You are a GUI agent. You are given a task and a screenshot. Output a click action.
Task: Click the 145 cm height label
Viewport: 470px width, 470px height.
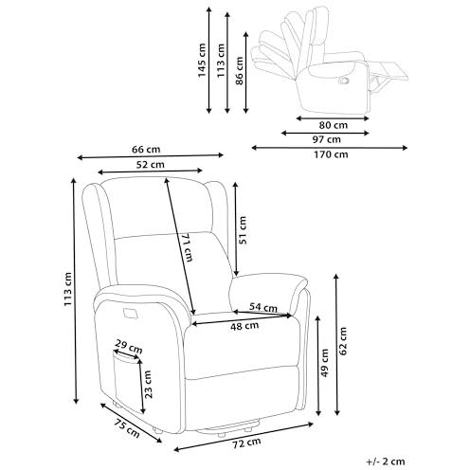[202, 61]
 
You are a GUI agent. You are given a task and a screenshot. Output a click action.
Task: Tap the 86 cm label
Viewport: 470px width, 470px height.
[239, 71]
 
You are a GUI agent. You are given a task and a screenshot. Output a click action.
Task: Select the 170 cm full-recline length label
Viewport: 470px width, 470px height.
[331, 154]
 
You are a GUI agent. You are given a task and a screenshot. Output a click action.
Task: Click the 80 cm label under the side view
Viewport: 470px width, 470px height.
[333, 125]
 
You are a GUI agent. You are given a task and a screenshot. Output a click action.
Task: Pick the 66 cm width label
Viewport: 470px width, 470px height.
[146, 149]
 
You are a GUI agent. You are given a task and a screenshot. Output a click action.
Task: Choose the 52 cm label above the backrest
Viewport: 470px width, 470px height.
[151, 164]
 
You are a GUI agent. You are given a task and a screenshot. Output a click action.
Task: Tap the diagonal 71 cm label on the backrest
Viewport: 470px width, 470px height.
[187, 248]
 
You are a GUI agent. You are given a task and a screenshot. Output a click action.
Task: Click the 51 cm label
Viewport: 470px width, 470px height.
[243, 230]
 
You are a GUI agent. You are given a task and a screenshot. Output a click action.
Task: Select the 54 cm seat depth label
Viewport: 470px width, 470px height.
[263, 307]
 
